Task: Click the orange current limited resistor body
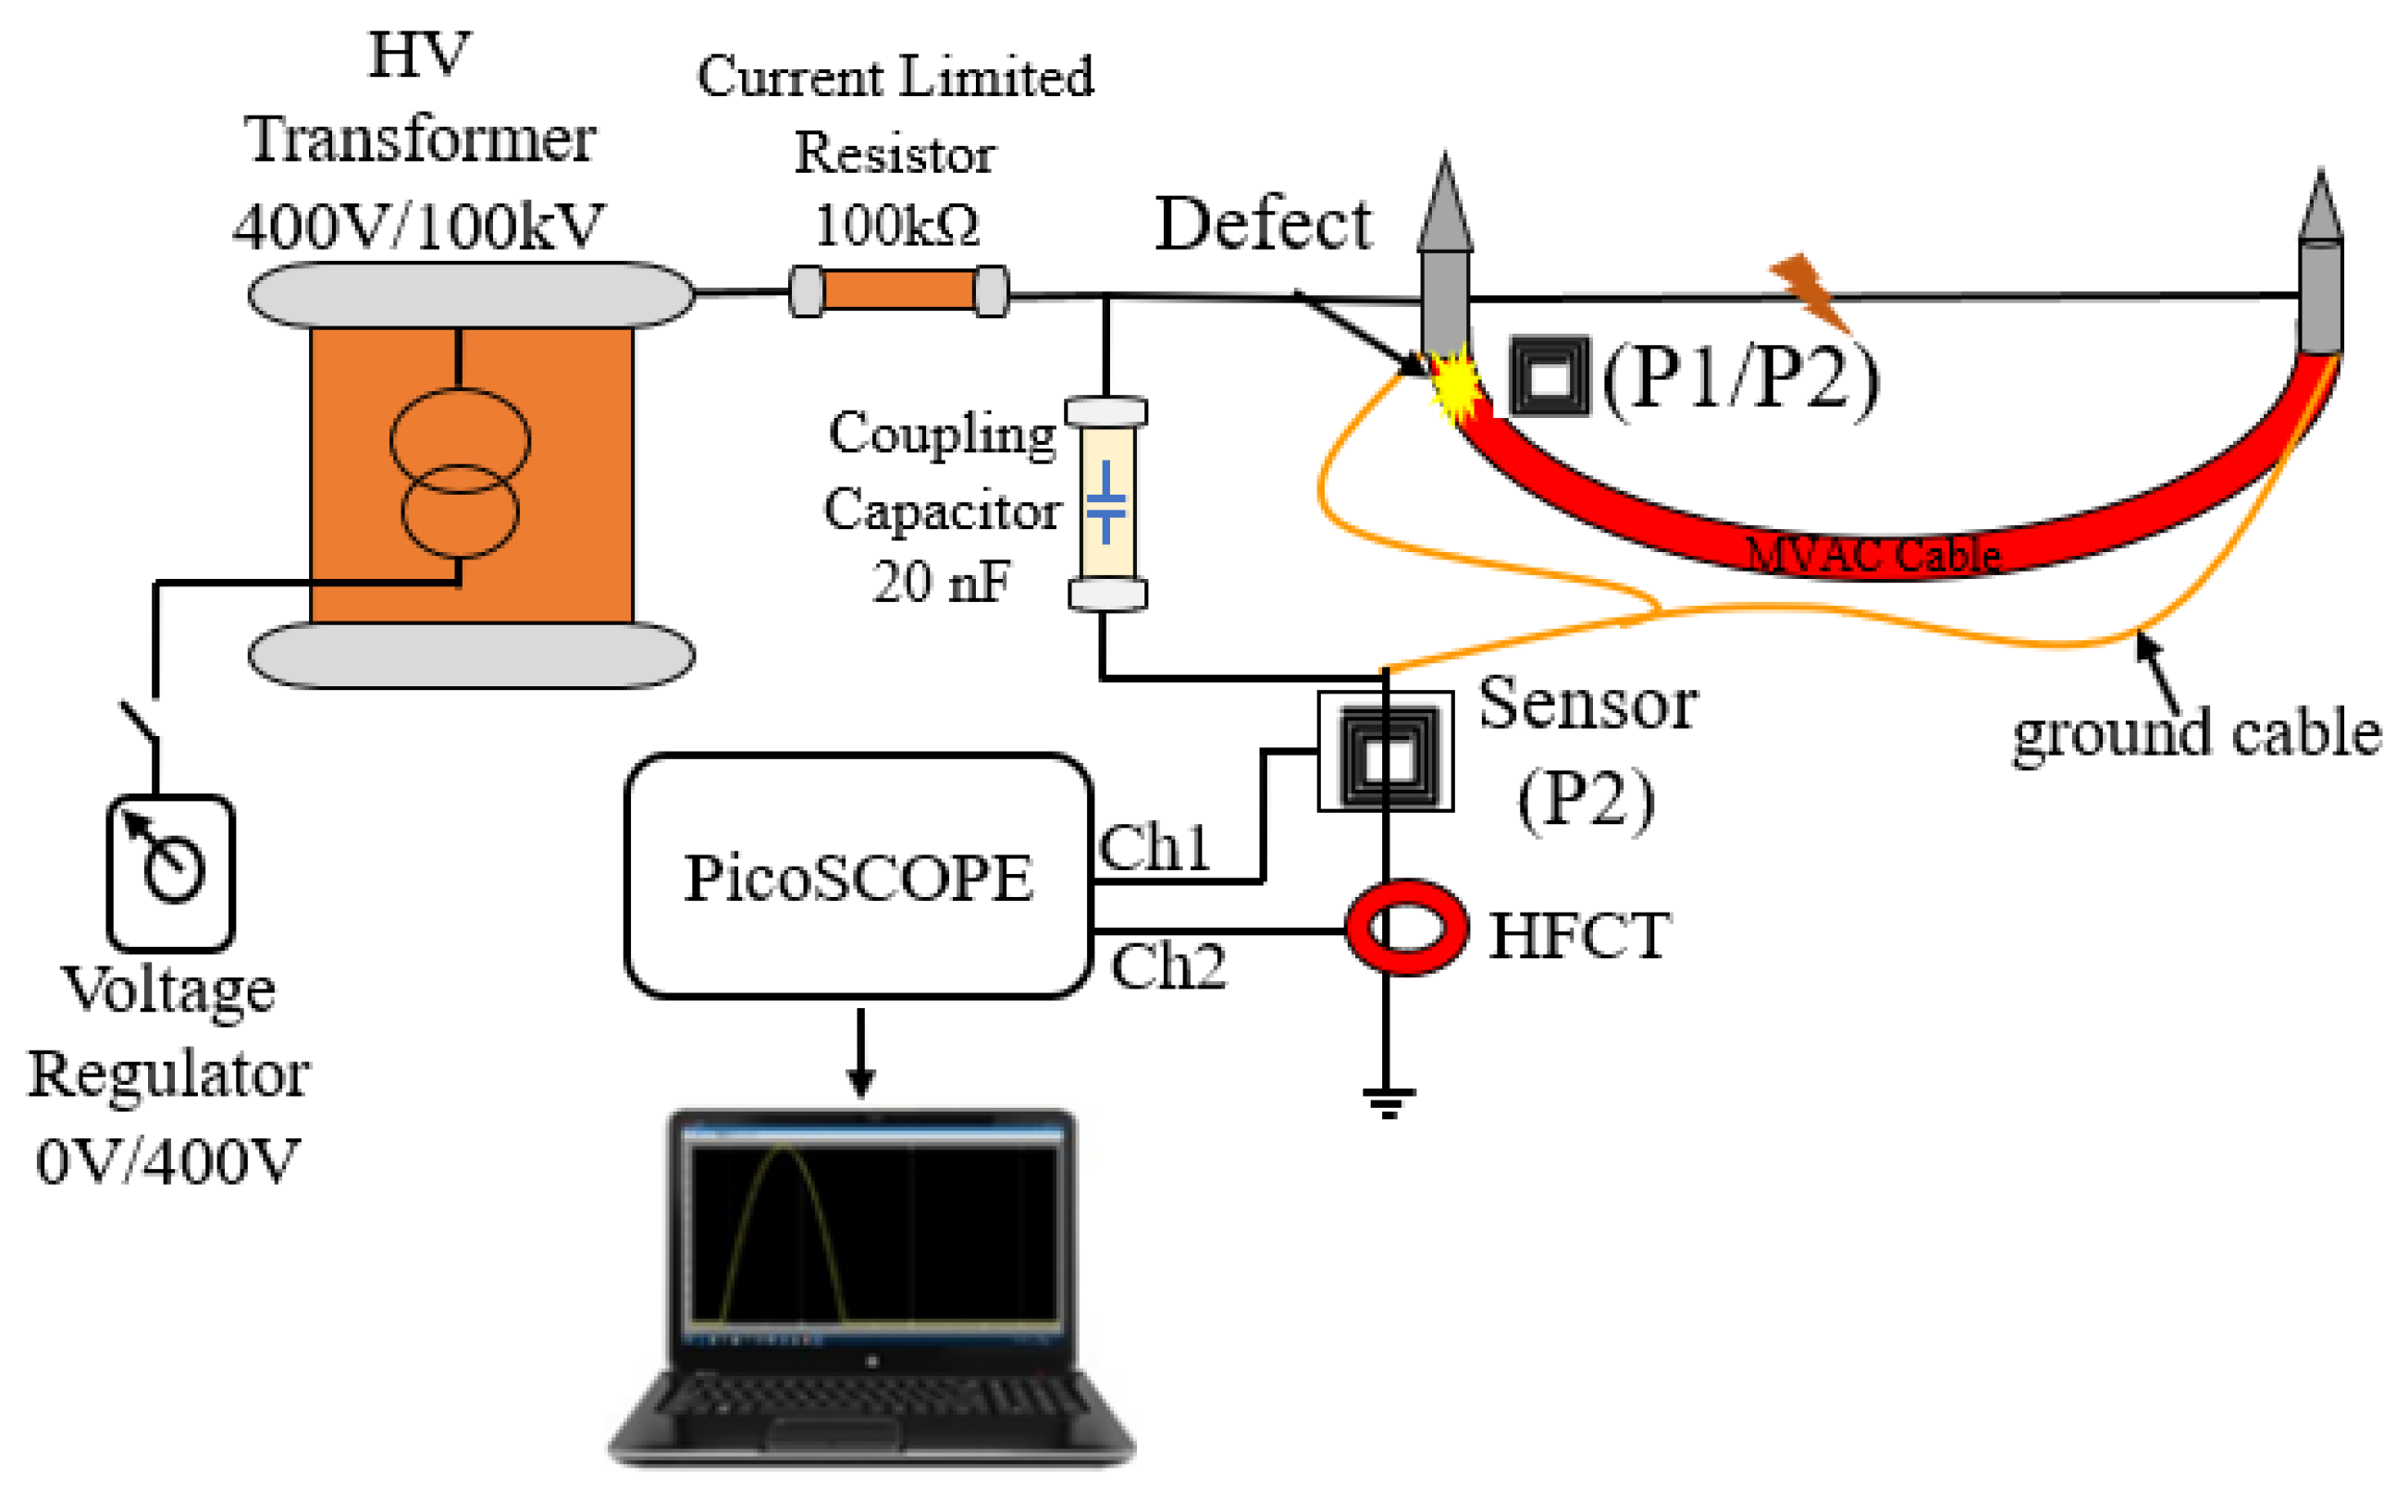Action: click(x=898, y=290)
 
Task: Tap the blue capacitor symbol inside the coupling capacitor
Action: click(x=1105, y=503)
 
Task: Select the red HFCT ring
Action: click(x=1406, y=928)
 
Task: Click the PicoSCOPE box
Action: click(x=858, y=877)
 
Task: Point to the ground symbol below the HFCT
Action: click(x=1388, y=1101)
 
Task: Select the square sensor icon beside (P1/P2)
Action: click(x=1550, y=376)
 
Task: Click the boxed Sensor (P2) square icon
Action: click(x=1386, y=752)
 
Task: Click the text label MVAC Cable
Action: click(x=1872, y=555)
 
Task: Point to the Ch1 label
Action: click(x=1154, y=848)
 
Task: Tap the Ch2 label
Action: click(x=1167, y=967)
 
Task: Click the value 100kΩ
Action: click(x=895, y=226)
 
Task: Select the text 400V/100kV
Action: click(x=418, y=227)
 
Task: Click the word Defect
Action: click(x=1262, y=224)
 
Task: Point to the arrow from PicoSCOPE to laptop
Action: click(x=860, y=1052)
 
